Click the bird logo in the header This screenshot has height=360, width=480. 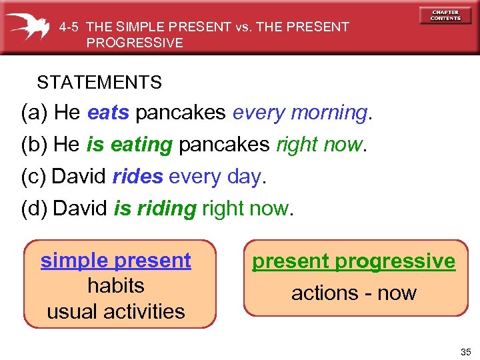[31, 26]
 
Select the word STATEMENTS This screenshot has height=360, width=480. [99, 83]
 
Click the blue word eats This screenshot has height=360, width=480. [108, 113]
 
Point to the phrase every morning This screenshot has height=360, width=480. [299, 113]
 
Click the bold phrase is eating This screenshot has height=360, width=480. [129, 145]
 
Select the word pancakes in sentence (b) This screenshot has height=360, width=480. [225, 145]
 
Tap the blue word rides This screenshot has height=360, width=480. [137, 177]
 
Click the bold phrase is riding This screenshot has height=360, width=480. [155, 209]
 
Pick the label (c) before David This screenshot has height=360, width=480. [34, 177]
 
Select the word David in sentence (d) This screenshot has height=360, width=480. [80, 209]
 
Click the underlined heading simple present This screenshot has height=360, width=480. [116, 260]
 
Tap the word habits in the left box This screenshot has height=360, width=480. [116, 285]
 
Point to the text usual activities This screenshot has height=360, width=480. [116, 311]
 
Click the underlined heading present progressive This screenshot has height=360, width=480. [354, 261]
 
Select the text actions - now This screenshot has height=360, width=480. [354, 293]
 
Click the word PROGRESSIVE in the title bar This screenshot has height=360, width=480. [134, 43]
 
